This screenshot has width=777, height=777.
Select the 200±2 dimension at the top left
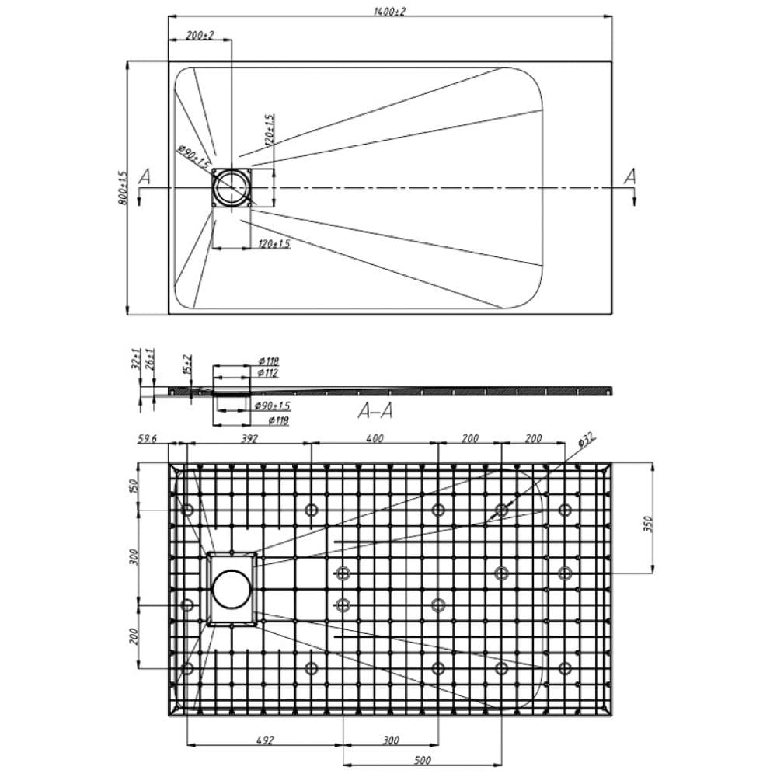click(200, 36)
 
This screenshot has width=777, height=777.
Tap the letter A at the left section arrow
click(145, 176)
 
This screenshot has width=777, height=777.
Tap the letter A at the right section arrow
click(630, 176)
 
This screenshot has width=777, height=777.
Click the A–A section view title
click(375, 412)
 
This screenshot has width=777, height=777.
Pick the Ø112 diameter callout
click(268, 373)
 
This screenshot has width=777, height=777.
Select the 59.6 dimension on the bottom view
click(149, 439)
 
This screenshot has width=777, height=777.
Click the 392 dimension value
click(249, 439)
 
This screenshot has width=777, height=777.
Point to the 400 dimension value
click(375, 439)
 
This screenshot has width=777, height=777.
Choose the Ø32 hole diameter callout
click(586, 441)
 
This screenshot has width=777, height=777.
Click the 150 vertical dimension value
click(133, 486)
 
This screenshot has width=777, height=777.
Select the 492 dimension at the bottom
click(265, 740)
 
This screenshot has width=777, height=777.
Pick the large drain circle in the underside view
click(231, 588)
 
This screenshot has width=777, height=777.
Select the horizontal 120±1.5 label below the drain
click(274, 244)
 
